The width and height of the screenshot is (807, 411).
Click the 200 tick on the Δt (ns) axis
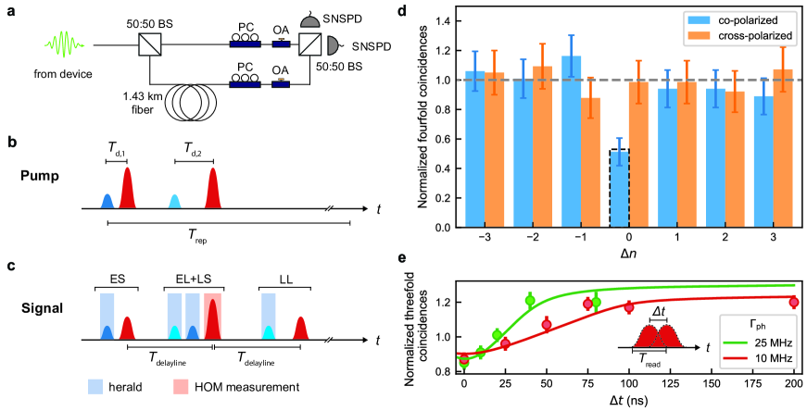[794, 385]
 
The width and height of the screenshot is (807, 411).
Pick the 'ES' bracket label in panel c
[118, 277]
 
